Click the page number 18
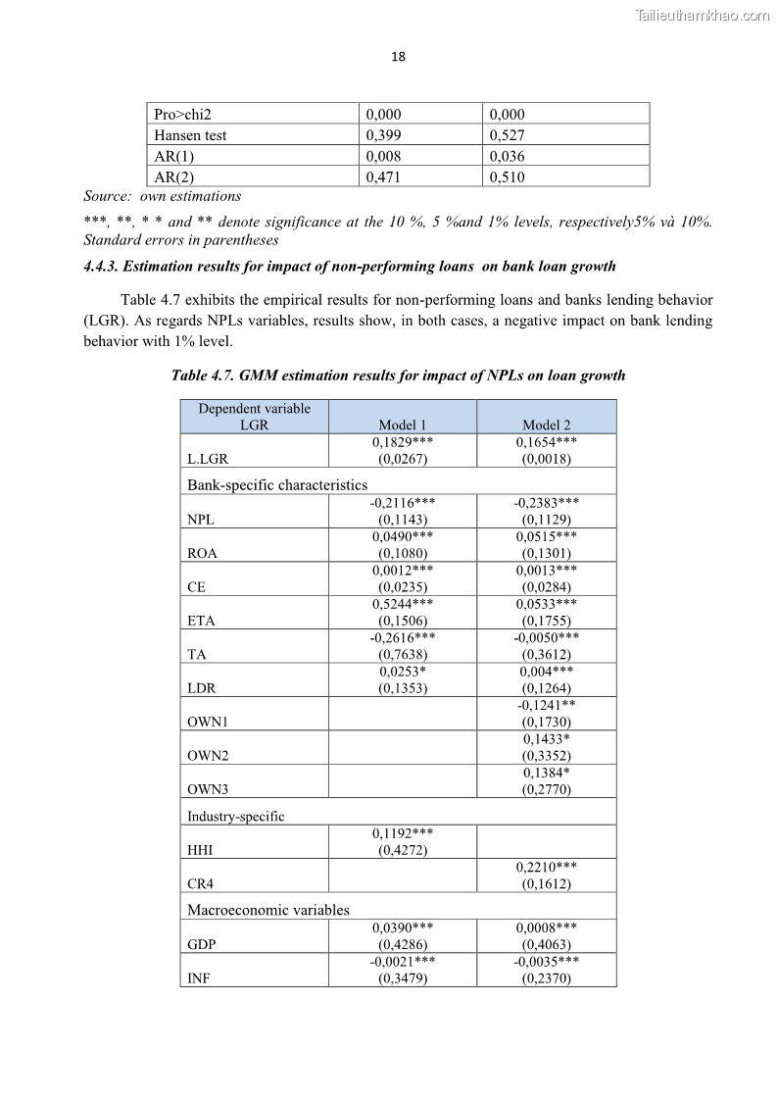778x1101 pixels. tap(398, 57)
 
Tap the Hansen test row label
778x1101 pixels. tap(190, 135)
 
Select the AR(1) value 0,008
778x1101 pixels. tap(383, 156)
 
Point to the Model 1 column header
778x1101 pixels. tap(403, 425)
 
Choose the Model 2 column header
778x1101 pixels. tap(546, 425)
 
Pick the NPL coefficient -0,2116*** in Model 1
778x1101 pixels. tap(403, 502)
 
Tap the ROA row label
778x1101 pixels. tap(202, 553)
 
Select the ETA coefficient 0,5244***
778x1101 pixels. tap(403, 604)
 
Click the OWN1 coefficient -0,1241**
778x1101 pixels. tap(546, 705)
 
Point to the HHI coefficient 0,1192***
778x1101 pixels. tap(403, 833)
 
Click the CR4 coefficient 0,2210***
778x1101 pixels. tap(546, 867)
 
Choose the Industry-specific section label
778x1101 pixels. tap(235, 816)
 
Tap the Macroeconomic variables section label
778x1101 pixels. tap(267, 910)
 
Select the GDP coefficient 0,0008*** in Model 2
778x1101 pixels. tap(546, 926)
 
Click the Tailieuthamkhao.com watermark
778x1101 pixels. tap(703, 15)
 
